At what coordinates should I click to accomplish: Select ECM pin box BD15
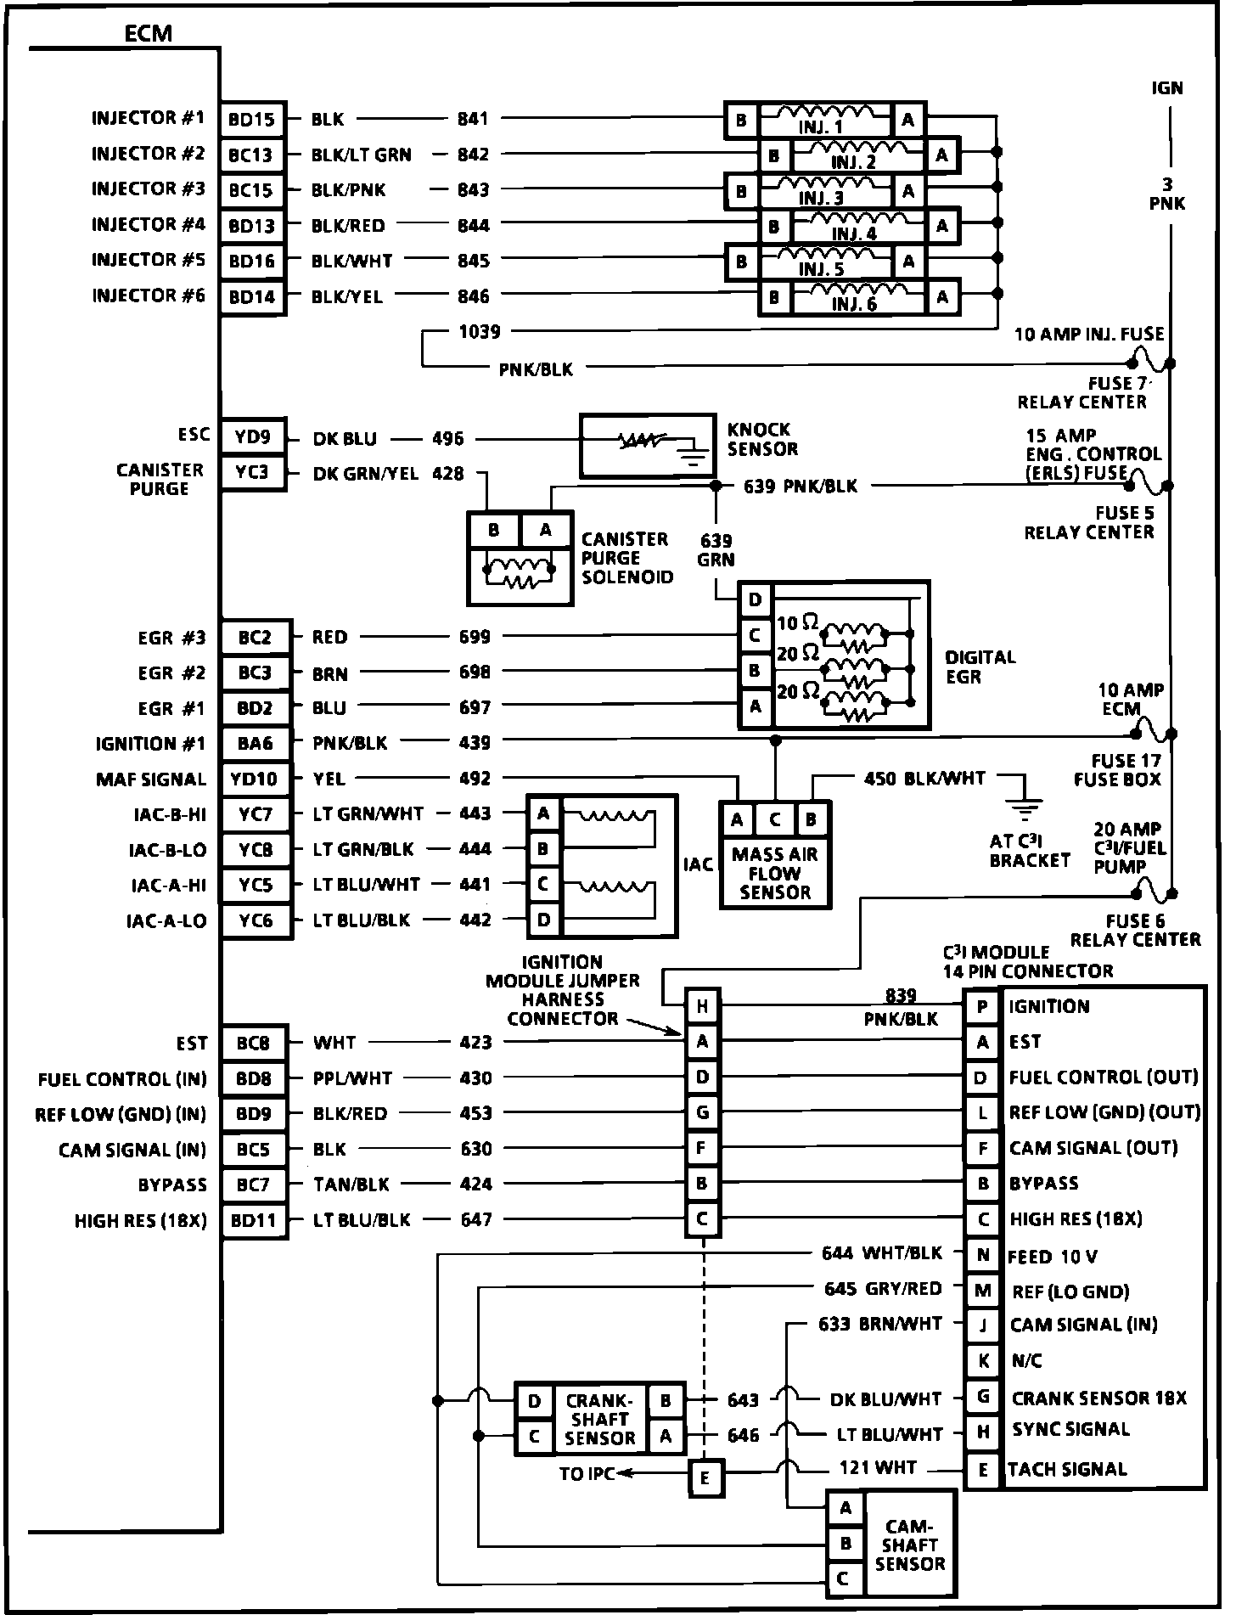click(252, 120)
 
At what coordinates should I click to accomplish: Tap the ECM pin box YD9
click(252, 437)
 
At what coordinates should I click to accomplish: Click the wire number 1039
click(480, 332)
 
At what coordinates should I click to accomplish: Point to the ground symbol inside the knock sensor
click(694, 458)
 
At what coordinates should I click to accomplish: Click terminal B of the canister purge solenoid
click(494, 531)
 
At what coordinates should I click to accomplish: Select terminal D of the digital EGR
click(755, 600)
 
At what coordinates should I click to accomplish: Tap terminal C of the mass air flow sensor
click(774, 820)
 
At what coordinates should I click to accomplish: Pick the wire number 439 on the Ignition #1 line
click(475, 743)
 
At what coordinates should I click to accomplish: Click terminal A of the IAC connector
click(543, 813)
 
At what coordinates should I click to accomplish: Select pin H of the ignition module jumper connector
click(702, 1006)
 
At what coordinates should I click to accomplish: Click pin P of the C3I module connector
click(982, 1007)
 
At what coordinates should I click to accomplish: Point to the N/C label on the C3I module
click(1027, 1361)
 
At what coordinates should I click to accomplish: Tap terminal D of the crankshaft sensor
click(534, 1401)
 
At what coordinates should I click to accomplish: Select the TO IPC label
click(586, 1474)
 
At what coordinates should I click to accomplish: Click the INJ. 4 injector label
click(854, 234)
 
